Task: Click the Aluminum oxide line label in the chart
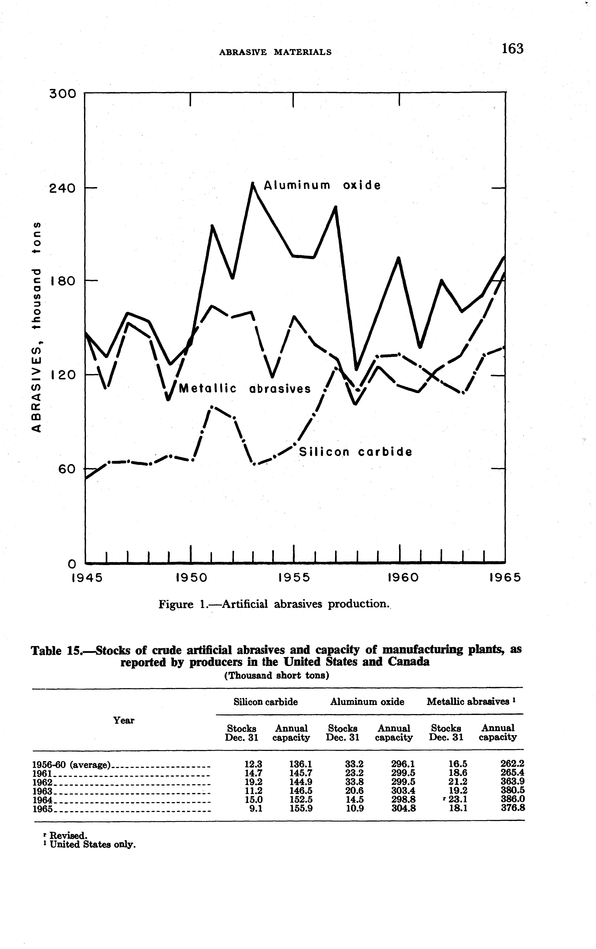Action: coord(322,185)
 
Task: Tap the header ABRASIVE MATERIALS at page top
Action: coord(275,52)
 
